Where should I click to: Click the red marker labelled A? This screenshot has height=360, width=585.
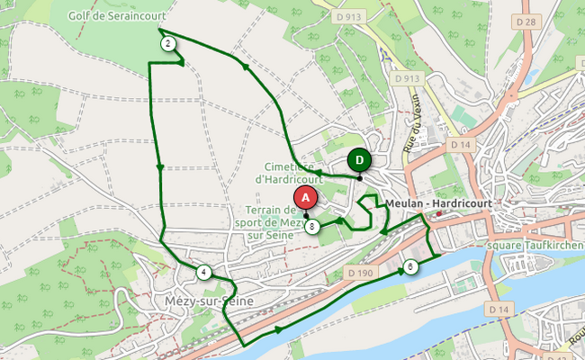coord(305,196)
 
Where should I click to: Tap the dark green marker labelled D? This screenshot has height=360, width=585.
coord(359,160)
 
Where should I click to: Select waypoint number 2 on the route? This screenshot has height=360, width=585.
coord(167,43)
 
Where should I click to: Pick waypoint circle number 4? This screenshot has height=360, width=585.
coord(204,273)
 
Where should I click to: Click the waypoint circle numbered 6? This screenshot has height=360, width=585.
coord(410,266)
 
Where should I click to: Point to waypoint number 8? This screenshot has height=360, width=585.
coord(311,227)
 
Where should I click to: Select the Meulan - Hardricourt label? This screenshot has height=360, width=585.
coord(439,203)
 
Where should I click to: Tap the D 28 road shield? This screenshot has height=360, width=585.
coord(526,21)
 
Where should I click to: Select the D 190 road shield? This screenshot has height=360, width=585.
coord(359,273)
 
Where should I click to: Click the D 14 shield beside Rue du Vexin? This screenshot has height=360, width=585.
coord(461,144)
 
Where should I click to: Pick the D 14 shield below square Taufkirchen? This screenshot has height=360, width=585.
coord(499,308)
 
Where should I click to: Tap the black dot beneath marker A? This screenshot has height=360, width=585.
coord(306,215)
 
